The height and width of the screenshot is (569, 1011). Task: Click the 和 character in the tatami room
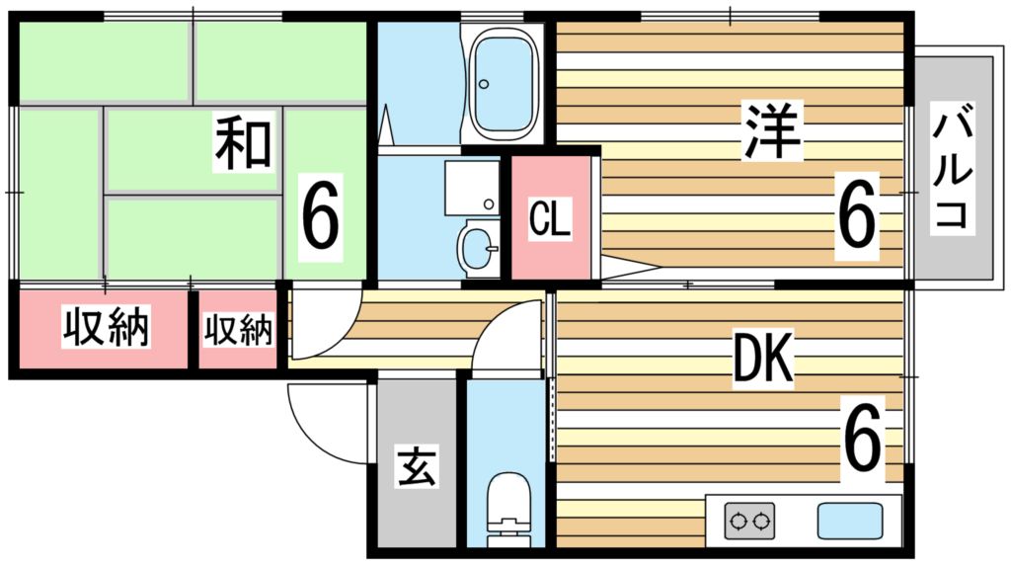(x=243, y=143)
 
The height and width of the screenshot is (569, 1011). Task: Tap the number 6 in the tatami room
(x=321, y=215)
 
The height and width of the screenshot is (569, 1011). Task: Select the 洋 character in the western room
(x=772, y=131)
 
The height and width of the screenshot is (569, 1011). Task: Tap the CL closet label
(x=550, y=220)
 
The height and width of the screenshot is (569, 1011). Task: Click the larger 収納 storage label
(x=106, y=329)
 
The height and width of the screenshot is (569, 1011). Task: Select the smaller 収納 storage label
(x=238, y=330)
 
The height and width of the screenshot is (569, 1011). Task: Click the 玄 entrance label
(x=416, y=466)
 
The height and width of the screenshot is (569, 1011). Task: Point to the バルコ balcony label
(x=955, y=171)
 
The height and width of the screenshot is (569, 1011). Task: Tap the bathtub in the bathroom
(x=504, y=84)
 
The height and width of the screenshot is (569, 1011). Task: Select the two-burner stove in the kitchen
(x=749, y=520)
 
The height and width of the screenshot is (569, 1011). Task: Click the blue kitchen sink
(x=849, y=520)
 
